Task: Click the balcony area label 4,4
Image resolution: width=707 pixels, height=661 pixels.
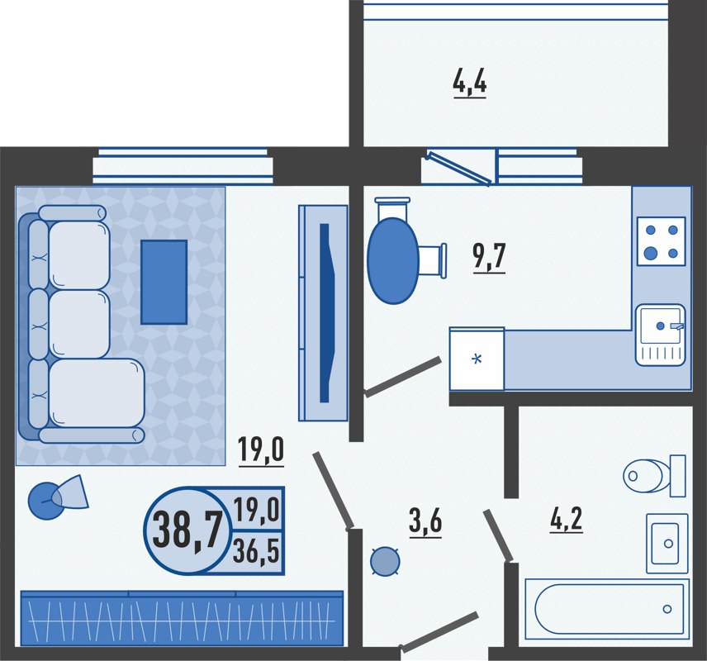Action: (x=469, y=83)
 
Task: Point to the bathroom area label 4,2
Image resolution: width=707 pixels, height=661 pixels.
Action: (x=566, y=518)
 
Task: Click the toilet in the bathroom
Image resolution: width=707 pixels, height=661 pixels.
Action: (x=652, y=475)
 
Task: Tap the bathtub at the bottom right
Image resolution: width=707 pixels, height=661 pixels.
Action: (x=607, y=609)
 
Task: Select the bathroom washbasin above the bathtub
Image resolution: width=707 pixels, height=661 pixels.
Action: (x=667, y=543)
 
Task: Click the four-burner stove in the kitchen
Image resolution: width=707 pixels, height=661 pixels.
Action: (x=662, y=240)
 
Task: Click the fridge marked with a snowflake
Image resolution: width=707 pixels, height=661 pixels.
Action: (x=477, y=359)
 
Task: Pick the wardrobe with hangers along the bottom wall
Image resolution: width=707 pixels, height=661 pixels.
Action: (x=182, y=618)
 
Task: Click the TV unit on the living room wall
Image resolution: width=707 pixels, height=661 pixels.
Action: (x=323, y=312)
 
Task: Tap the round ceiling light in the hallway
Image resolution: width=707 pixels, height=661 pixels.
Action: (x=384, y=562)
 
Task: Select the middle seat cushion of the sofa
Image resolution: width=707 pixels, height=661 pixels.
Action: (x=78, y=323)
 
